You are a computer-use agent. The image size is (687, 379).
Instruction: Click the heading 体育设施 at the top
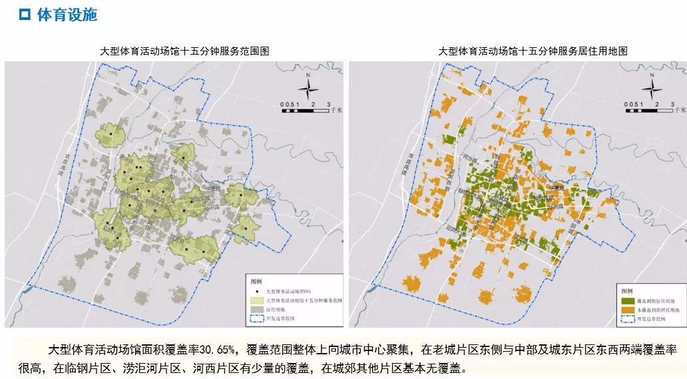(x=67, y=15)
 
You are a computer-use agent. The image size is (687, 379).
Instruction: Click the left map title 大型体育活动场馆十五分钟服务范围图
(x=175, y=51)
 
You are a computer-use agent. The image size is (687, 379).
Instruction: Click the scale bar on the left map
(x=304, y=111)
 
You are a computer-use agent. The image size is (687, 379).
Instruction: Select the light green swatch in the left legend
(x=256, y=301)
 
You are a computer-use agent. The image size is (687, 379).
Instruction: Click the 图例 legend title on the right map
(x=626, y=291)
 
